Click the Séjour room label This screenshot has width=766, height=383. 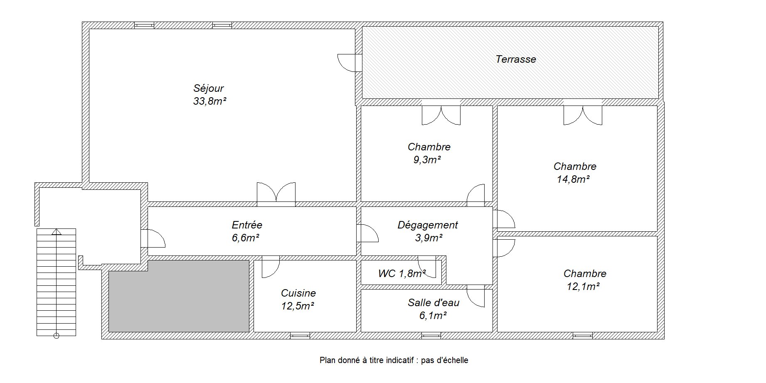208,88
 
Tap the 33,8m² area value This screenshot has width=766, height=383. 209,101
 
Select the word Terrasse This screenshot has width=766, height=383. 515,59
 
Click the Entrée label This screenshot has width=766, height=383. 247,225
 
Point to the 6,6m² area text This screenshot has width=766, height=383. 246,238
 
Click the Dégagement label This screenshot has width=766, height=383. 428,225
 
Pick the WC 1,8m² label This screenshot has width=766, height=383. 402,273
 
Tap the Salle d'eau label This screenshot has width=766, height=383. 433,302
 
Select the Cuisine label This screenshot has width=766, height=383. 298,293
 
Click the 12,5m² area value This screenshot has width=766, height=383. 298,306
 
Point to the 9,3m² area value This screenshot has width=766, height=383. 427,160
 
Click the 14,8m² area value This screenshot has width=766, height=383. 574,179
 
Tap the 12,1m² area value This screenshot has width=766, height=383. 584,286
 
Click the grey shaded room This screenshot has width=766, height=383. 179,296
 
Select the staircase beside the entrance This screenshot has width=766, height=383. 57,282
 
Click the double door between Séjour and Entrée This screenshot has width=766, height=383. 276,194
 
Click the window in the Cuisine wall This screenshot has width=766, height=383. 300,335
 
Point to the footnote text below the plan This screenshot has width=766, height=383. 394,360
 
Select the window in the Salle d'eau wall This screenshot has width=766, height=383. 431,335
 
